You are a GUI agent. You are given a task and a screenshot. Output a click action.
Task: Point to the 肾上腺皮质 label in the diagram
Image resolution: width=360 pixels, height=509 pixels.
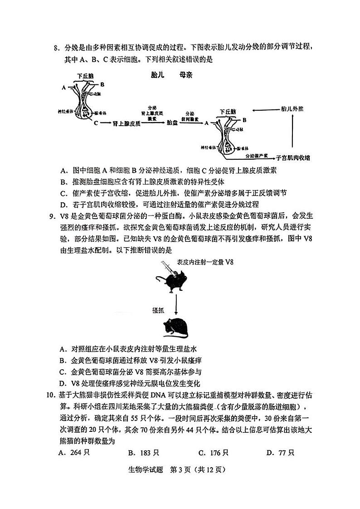[x=126, y=123]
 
